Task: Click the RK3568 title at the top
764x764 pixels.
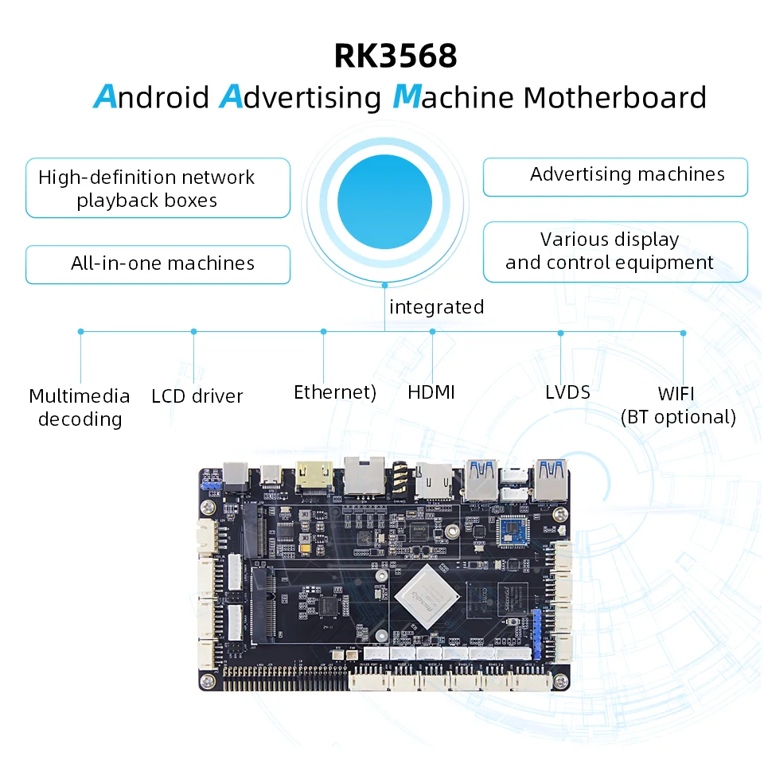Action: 396,57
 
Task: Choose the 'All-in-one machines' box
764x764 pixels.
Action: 158,264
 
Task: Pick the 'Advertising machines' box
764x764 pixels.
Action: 615,176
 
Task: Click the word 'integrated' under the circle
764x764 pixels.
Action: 436,307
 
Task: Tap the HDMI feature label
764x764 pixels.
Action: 431,392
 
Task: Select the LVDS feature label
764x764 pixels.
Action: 567,392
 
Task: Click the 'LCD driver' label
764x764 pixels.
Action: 197,396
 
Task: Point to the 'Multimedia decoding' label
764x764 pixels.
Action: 80,407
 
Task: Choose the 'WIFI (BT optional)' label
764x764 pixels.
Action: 678,405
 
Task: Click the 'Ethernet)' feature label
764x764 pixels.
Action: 334,392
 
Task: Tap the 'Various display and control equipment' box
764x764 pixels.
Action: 615,251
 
